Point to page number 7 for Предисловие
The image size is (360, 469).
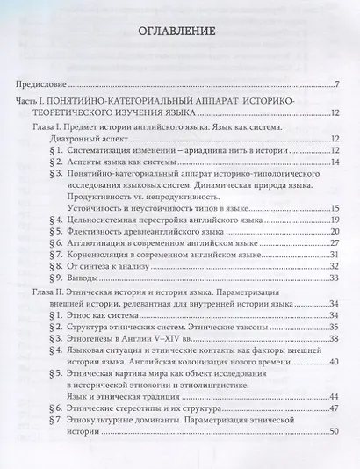click(336, 84)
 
